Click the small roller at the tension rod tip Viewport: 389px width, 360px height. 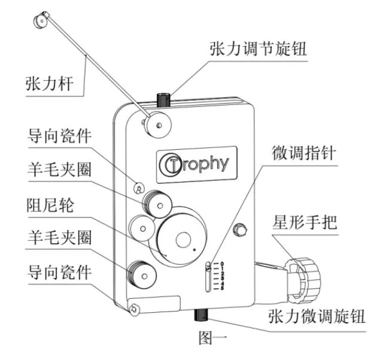click(40, 21)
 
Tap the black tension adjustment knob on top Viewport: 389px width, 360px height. click(163, 99)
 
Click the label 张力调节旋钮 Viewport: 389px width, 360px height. click(258, 49)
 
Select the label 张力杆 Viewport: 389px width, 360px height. click(50, 84)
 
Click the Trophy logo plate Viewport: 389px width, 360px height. click(196, 165)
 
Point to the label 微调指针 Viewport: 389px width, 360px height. click(304, 153)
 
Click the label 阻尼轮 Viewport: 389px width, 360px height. click(50, 205)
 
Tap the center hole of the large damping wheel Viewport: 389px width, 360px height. click(183, 240)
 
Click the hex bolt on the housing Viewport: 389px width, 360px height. click(240, 229)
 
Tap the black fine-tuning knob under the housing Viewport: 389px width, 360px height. click(200, 315)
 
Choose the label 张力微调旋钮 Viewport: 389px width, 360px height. click(317, 316)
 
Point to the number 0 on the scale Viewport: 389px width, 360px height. click(222, 264)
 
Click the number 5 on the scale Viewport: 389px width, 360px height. click(222, 288)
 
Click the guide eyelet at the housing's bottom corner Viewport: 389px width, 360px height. click(133, 309)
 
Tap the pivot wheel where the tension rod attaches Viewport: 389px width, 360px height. click(158, 125)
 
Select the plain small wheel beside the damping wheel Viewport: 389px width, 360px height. click(142, 228)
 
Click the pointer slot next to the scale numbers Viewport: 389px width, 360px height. click(209, 276)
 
